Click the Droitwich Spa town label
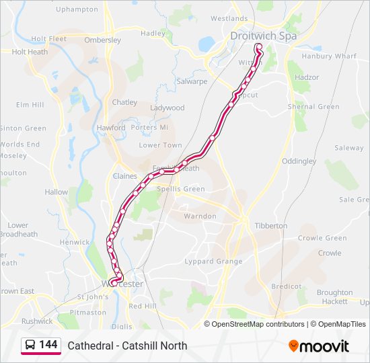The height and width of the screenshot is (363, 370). pos(263,36)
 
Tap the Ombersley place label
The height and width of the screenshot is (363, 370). pos(102,40)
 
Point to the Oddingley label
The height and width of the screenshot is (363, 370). pos(299,161)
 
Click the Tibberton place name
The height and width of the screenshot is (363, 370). pos(271,226)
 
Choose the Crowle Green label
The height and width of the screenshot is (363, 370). pos(322,238)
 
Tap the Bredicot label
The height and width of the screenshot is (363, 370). pos(286,286)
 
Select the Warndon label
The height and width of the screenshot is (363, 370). pos(200,216)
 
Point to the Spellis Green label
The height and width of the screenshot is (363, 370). pos(180,189)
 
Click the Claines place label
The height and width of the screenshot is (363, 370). pos(125,176)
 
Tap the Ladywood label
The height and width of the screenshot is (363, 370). pos(167,108)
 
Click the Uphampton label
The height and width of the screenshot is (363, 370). pos(76,9)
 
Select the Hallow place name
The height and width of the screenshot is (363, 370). pos(57,192)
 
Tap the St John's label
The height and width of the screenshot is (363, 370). pos(92,296)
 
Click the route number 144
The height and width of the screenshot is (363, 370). pos(48,345)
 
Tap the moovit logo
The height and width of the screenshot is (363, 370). pos(319,346)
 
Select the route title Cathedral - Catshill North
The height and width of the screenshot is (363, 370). pos(127,346)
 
